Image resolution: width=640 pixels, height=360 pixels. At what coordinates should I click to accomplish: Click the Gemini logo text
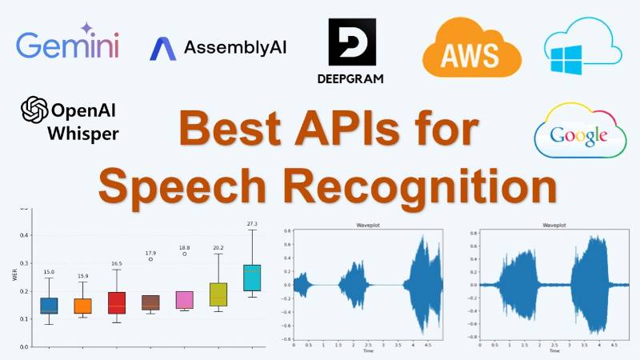67,45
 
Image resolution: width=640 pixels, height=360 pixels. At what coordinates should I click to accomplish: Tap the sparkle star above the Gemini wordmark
87,28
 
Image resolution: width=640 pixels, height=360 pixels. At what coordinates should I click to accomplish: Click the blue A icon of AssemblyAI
163,48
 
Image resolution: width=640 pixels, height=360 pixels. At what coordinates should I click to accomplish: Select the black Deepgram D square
352,42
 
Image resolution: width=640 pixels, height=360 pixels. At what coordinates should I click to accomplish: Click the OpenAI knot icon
35,109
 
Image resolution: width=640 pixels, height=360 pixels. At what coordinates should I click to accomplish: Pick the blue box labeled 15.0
49,306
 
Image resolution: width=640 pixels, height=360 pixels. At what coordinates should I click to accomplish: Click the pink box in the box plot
184,299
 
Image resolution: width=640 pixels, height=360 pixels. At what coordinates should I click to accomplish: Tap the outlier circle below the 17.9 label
150,259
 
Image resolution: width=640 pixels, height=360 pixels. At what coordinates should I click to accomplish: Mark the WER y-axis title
14,276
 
